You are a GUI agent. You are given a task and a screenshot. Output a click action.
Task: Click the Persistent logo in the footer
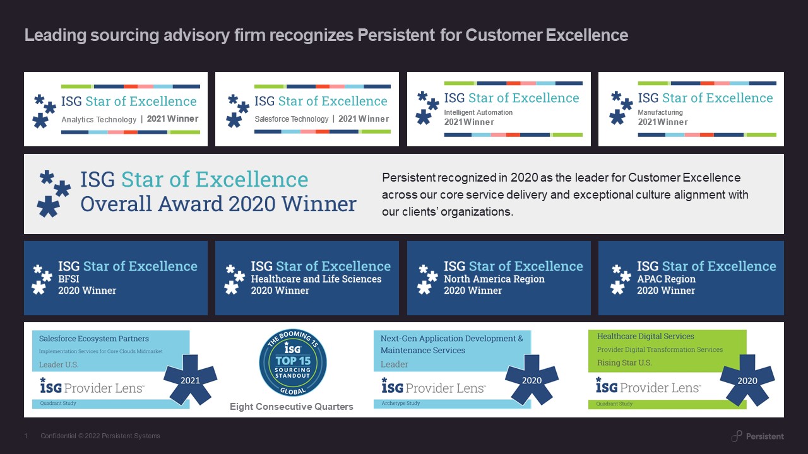757,436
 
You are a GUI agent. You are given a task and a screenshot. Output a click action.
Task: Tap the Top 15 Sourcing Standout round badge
292,363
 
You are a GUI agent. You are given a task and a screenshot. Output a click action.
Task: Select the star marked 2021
190,380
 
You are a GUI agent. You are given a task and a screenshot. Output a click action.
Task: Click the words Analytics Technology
98,120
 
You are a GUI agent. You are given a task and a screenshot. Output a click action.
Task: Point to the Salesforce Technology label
291,119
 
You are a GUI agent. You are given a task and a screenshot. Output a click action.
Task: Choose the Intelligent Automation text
478,112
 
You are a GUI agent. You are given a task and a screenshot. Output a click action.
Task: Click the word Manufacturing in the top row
660,112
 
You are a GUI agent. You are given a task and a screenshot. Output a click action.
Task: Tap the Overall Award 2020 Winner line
218,204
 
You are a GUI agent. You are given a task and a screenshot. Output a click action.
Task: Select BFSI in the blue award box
70,279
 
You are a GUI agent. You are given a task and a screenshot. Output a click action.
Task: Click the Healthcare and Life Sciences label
316,279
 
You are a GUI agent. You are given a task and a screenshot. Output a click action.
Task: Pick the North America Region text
494,279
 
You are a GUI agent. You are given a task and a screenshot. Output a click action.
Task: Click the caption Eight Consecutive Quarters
291,407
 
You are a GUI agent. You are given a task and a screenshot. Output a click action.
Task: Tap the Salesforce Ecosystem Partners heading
94,339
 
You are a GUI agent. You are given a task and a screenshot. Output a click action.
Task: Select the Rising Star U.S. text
624,363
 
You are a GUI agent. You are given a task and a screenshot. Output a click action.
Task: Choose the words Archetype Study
400,404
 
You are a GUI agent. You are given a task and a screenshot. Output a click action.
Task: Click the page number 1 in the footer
26,436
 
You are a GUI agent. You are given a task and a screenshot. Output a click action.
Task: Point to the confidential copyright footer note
100,436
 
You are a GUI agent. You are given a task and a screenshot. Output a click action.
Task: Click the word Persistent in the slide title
395,35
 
